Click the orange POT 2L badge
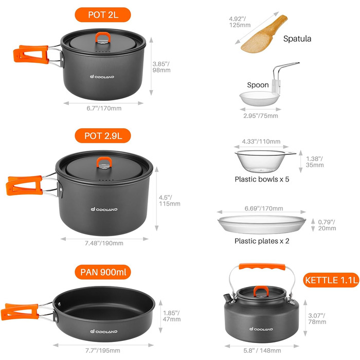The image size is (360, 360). click(103, 15)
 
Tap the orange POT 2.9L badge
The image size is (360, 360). click(103, 136)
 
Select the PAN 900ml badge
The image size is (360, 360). click(103, 272)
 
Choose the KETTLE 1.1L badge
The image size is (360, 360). click(331, 280)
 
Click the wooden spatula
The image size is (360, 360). click(264, 34)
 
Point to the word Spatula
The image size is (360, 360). click(297, 39)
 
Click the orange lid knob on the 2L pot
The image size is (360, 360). click(103, 37)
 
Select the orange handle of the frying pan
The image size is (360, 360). click(20, 312)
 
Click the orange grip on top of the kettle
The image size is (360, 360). click(262, 267)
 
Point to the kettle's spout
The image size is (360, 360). click(227, 298)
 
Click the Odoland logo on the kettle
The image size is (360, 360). click(261, 329)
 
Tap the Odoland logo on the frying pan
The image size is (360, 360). click(103, 331)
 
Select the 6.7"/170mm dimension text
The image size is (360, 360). click(104, 109)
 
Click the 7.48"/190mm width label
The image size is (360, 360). click(104, 243)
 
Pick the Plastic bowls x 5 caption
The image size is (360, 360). click(262, 179)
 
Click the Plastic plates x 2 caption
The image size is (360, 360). click(262, 241)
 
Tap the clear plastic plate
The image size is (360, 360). click(262, 224)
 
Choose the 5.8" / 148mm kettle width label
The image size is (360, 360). click(262, 351)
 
